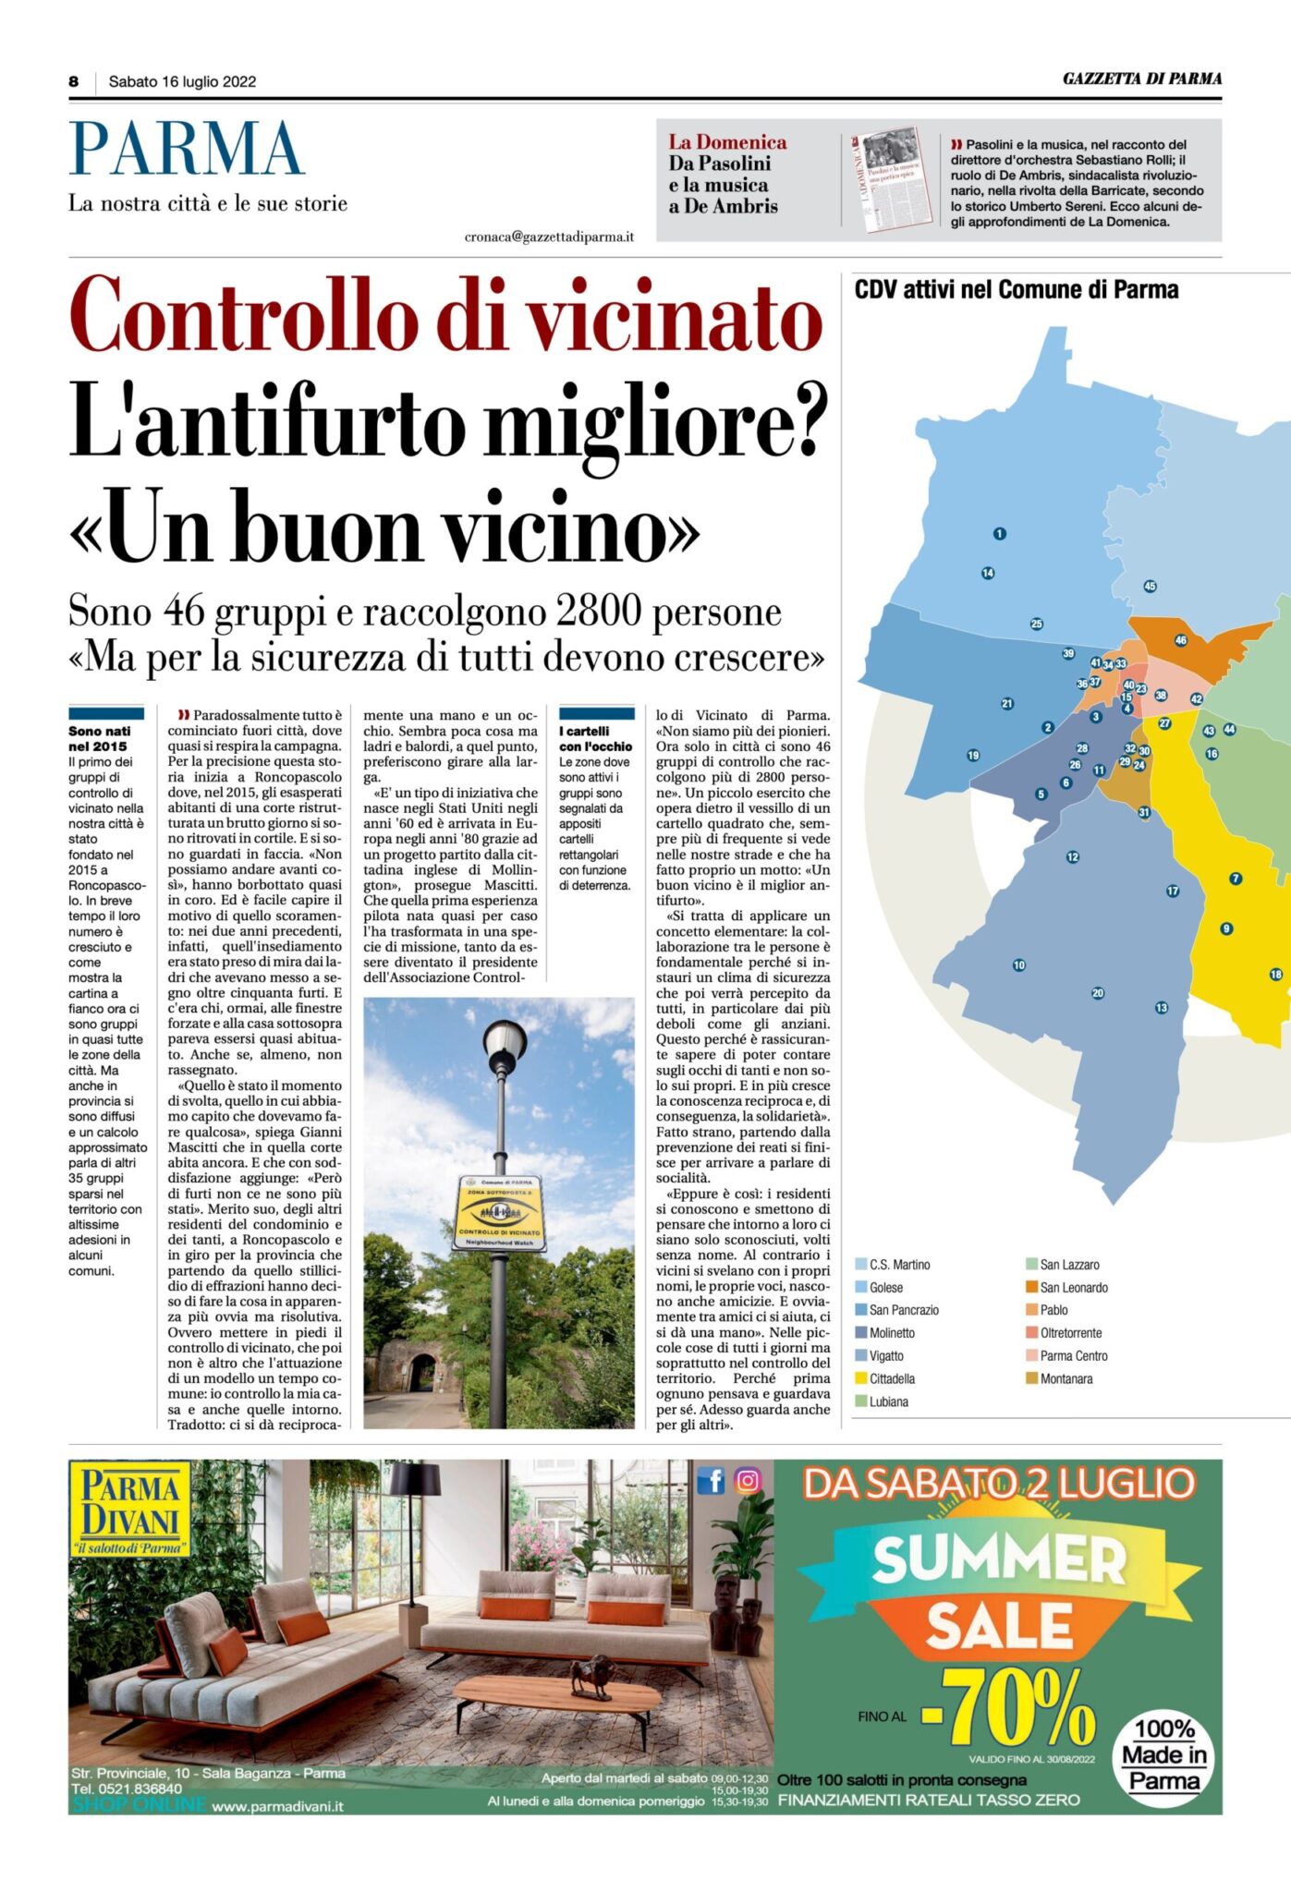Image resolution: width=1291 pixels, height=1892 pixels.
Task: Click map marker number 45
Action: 1150,586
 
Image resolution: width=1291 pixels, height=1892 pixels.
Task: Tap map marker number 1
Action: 999,533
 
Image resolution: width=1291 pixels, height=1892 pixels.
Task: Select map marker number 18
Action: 1275,974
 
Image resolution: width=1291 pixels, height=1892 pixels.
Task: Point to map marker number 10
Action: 1018,964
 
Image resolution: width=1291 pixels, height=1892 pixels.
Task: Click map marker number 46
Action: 1180,639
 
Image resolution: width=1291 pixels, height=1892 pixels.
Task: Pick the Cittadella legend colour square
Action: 861,1378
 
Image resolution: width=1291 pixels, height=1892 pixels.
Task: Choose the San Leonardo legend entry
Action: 1073,1287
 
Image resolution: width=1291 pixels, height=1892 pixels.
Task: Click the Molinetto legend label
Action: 892,1333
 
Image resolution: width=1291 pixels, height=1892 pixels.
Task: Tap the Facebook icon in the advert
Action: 711,1481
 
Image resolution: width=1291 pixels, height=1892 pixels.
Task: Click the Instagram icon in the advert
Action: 748,1481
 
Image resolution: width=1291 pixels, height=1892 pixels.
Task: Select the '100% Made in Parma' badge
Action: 1164,1754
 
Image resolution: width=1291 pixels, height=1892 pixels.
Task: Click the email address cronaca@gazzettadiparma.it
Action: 549,237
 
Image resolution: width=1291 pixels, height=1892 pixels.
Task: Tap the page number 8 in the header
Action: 74,81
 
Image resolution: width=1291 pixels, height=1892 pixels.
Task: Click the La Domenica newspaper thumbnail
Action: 891,177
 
